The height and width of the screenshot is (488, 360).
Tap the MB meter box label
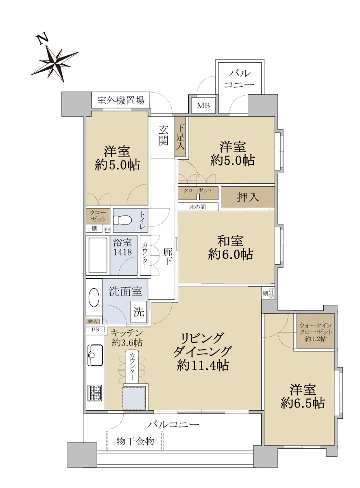click(203, 106)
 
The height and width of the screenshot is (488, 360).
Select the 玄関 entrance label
click(163, 135)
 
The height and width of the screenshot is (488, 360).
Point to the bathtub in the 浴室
click(98, 255)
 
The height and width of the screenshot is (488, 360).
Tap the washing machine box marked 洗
click(139, 312)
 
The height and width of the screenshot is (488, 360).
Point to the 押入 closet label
click(248, 197)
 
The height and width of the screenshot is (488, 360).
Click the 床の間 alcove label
click(197, 207)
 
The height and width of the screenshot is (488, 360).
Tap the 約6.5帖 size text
click(303, 403)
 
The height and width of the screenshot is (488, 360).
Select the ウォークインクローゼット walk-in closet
click(316, 331)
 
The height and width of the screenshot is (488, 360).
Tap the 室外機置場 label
click(121, 100)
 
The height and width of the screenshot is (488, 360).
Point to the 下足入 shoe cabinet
click(181, 137)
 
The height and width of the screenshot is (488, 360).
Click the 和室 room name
click(230, 241)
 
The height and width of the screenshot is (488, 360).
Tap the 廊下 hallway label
click(168, 257)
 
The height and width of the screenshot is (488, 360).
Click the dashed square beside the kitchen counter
click(133, 398)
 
